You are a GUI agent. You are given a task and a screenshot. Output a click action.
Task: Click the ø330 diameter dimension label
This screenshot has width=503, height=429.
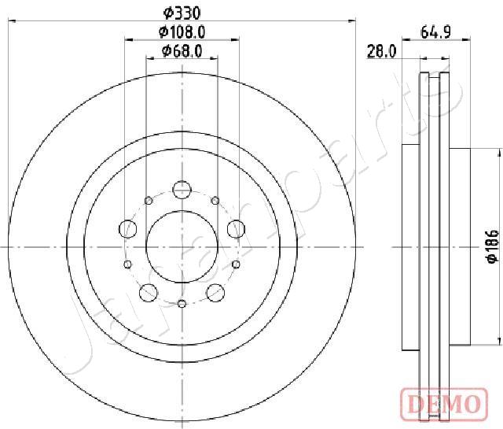coord(182,12)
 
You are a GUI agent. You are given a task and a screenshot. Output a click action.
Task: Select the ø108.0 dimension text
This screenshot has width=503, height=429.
coord(182,32)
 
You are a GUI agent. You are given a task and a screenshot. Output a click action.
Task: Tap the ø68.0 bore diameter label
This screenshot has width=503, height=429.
coord(182,51)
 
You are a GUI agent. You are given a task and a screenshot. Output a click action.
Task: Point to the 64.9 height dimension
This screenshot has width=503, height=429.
coord(434,32)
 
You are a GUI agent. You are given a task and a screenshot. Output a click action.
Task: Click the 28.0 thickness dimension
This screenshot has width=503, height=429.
coord(380,51)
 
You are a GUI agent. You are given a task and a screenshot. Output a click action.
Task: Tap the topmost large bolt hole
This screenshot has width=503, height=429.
coord(182,190)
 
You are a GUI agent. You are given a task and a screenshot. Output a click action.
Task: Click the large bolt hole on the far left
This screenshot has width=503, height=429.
coord(127,229)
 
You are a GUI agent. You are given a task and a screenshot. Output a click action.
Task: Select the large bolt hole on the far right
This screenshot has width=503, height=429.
coord(235,229)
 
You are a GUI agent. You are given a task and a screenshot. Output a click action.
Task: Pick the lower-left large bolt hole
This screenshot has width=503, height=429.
coord(148,293)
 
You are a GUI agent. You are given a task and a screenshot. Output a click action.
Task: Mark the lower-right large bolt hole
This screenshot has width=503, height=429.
coord(215,293)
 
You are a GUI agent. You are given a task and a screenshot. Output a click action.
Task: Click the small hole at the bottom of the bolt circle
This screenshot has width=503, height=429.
coord(182,304)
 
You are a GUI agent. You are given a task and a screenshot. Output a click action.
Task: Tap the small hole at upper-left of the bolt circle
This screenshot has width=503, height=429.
coord(148,200)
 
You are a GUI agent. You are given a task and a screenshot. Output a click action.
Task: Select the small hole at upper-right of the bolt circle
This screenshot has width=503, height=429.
coord(215,200)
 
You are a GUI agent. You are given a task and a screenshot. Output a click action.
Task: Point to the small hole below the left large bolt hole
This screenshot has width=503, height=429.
coord(127,264)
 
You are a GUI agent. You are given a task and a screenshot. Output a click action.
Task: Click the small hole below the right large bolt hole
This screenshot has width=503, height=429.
coord(236,264)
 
